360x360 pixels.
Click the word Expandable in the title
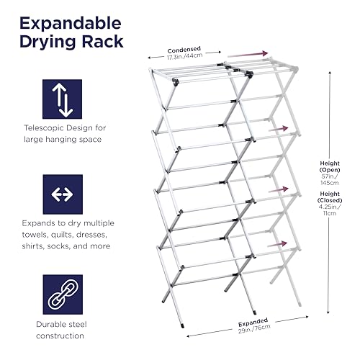click(x=71, y=24)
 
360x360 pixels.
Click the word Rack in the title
click(x=102, y=42)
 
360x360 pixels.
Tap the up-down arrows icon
click(x=63, y=99)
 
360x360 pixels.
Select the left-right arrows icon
click(x=63, y=194)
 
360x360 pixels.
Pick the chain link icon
click(x=63, y=294)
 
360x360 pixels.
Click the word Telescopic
click(x=43, y=128)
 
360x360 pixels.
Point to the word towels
click(x=34, y=235)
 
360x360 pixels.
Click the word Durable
click(x=48, y=325)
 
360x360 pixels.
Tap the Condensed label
click(x=184, y=50)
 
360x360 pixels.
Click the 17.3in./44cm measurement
click(x=185, y=56)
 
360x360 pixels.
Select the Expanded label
click(x=253, y=322)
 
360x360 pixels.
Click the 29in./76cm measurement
click(x=254, y=329)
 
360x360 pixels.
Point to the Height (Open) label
click(x=330, y=166)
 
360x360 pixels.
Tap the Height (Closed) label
click(x=330, y=197)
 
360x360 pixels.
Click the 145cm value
click(x=330, y=183)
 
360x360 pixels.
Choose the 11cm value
click(x=330, y=213)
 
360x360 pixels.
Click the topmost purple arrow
click(x=248, y=54)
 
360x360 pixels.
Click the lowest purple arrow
click(x=277, y=244)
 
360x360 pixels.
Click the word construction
click(x=60, y=336)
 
